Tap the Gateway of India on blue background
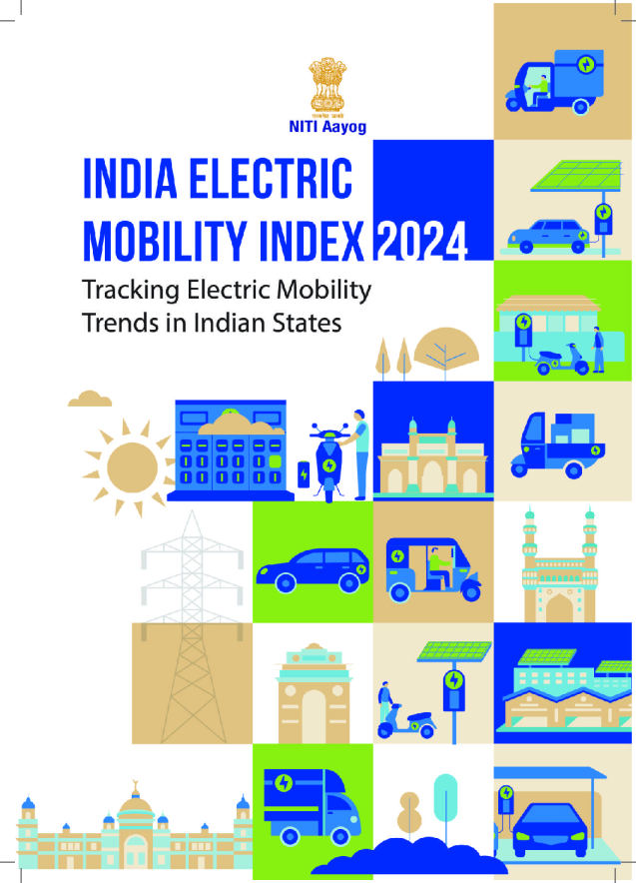point(433,455)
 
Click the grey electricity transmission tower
point(190,609)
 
